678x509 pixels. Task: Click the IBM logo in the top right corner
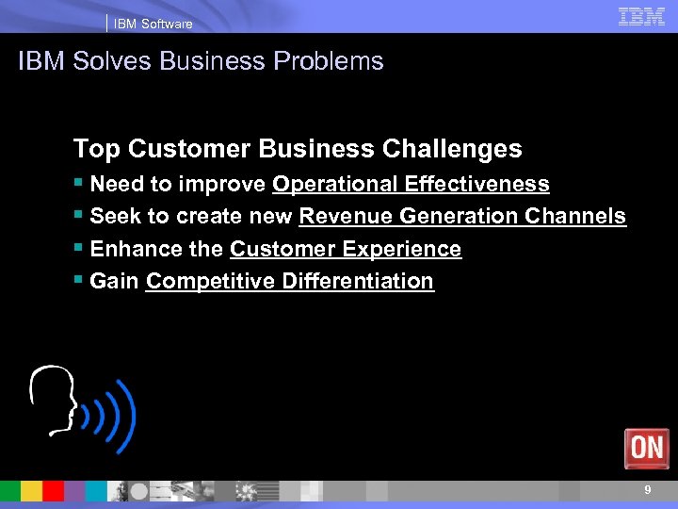click(641, 16)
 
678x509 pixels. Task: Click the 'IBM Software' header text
click(153, 24)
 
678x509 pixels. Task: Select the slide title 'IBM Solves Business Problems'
click(201, 61)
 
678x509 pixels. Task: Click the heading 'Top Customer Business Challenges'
click(297, 149)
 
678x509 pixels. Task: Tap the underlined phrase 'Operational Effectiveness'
click(411, 184)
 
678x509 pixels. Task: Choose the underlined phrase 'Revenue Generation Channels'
click(461, 216)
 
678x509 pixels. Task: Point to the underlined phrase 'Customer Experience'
click(346, 249)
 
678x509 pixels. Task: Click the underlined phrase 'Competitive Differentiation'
click(290, 281)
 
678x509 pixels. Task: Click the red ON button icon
click(646, 448)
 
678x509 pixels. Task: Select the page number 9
click(647, 490)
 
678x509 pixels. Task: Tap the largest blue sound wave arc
click(127, 416)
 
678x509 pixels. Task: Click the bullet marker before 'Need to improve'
click(78, 183)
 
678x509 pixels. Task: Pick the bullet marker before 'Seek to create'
click(78, 215)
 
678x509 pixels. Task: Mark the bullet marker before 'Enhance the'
click(78, 248)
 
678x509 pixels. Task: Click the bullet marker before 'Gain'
click(78, 280)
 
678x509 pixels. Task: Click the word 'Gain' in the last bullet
click(114, 281)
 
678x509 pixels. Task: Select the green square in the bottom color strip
click(10, 491)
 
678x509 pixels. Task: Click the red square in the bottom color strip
click(53, 491)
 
